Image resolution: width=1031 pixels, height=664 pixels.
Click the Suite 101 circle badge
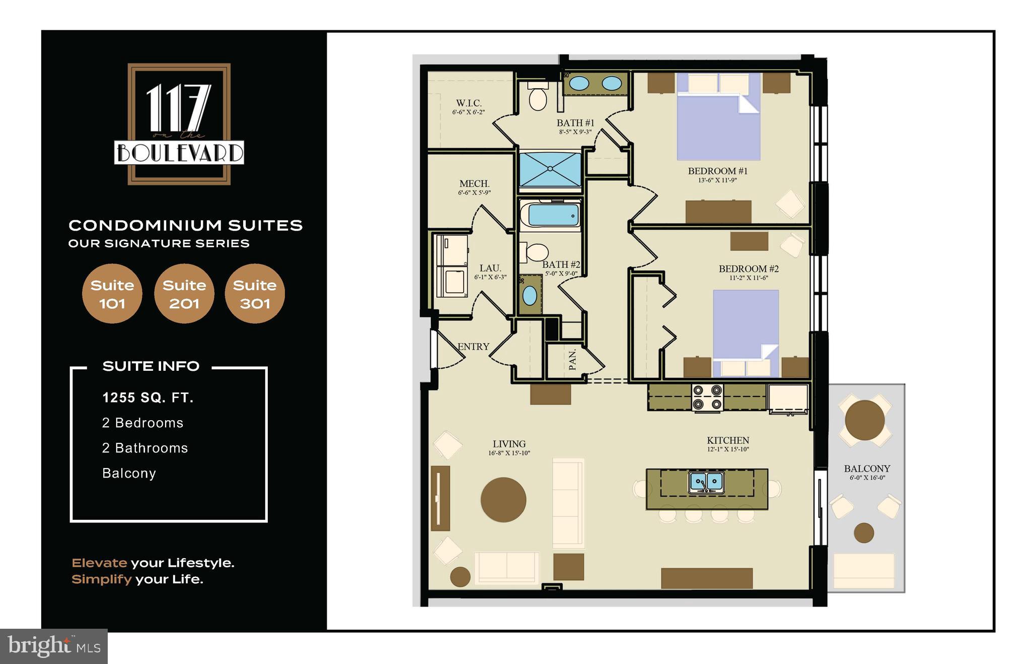tap(112, 294)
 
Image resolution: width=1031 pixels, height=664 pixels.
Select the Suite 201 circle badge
tap(184, 294)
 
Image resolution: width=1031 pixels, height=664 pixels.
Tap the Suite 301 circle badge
tap(255, 294)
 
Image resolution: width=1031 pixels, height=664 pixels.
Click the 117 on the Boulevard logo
tap(179, 124)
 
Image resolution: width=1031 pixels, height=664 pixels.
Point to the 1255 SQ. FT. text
tap(148, 398)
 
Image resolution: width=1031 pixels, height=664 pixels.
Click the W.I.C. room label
tap(469, 103)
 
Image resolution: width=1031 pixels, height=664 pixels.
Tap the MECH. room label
tap(474, 184)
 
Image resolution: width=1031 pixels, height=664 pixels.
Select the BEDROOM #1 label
tap(717, 171)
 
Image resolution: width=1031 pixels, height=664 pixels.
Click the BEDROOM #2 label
tap(749, 269)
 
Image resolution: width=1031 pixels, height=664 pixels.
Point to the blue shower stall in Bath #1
tap(550, 169)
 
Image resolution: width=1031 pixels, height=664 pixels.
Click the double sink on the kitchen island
tap(706, 482)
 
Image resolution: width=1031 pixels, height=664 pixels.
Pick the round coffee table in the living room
tap(503, 500)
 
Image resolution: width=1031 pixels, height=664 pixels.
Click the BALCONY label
tap(867, 469)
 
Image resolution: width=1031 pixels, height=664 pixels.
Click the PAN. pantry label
tap(572, 360)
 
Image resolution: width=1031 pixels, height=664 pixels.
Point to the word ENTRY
tap(473, 347)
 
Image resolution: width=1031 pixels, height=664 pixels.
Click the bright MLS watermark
tap(54, 646)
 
